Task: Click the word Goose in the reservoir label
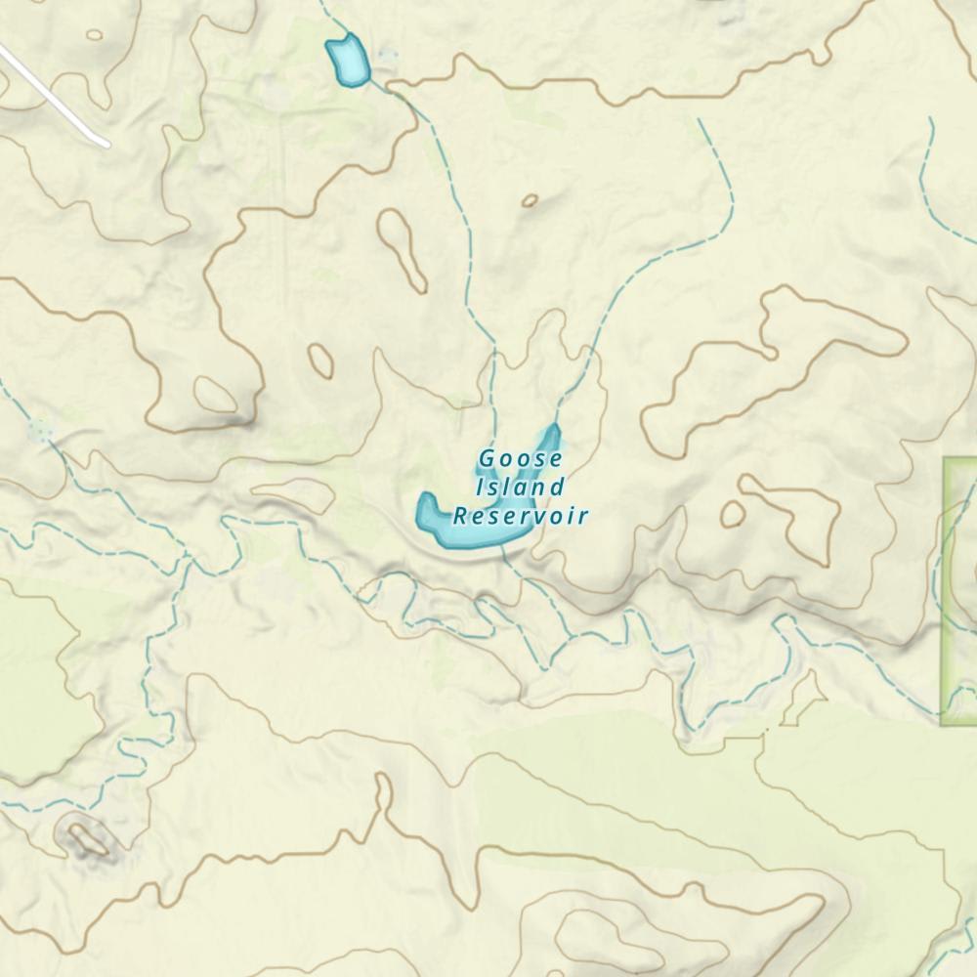[x=521, y=458]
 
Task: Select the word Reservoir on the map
[x=521, y=516]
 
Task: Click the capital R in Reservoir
[x=460, y=516]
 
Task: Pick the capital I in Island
[x=480, y=487]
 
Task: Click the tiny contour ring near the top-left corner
[x=94, y=35]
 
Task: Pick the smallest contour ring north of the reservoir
[x=530, y=200]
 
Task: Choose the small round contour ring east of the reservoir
[x=732, y=513]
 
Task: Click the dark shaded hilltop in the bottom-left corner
[x=86, y=838]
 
